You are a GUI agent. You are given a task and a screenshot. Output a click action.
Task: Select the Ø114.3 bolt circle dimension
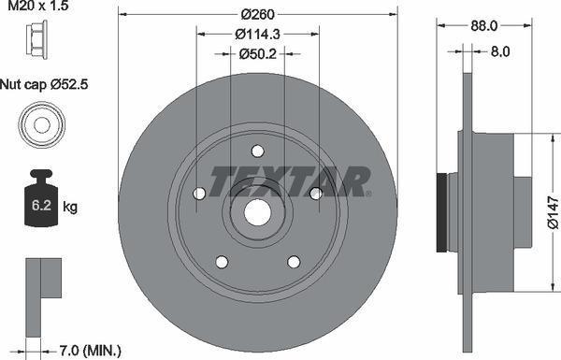click(257, 34)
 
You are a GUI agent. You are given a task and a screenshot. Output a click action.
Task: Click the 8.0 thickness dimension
click(500, 52)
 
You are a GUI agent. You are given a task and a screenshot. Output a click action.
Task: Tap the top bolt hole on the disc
click(257, 151)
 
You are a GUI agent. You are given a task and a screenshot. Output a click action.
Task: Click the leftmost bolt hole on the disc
click(198, 194)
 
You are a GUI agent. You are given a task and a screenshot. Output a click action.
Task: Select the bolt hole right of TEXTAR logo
click(316, 194)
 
